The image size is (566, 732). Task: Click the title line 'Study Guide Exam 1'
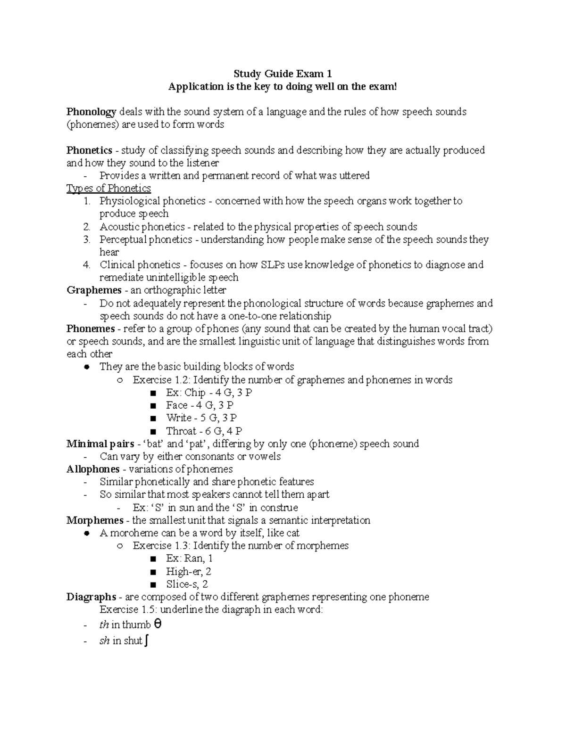pos(283,74)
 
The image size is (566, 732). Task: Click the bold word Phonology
pos(91,112)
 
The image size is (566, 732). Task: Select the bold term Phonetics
pos(89,150)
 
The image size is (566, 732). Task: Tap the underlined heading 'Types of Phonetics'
pos(108,189)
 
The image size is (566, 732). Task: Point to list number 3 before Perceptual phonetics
pos(86,239)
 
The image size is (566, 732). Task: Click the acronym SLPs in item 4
pos(274,265)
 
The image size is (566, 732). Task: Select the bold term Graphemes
pos(94,290)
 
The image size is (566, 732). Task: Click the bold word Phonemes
pos(91,329)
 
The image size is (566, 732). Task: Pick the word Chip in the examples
pos(195,393)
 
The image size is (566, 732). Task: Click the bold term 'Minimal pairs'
pos(100,444)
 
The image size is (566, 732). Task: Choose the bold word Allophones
pos(93,469)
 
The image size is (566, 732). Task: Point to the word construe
pos(279,508)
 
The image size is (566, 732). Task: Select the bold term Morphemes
pos(95,520)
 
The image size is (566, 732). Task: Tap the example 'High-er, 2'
pos(188,572)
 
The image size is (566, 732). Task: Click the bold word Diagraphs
pos(91,597)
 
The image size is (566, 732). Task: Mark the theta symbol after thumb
pos(158,625)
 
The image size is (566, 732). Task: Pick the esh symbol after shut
pos(148,641)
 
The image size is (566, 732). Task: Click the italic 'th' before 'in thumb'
pos(104,625)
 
